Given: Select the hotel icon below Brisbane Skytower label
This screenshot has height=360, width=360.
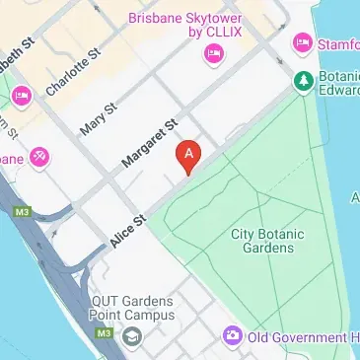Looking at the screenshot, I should click(211, 54).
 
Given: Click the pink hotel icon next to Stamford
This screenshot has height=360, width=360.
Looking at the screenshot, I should click(301, 43).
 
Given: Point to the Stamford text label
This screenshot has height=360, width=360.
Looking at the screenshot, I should click(337, 44).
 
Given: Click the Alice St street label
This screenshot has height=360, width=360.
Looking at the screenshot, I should click(128, 229).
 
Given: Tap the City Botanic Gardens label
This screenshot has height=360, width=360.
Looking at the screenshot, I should click(267, 241).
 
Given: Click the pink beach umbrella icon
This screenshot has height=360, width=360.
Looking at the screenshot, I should click(40, 156).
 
